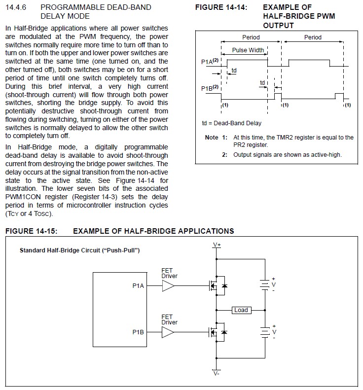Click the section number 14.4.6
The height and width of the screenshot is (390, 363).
coord(16,7)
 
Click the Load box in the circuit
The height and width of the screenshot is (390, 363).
coord(241,310)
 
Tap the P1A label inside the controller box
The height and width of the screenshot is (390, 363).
coord(138,286)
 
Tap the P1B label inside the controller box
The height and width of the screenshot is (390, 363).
coord(138,332)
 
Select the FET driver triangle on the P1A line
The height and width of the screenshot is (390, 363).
coord(168,286)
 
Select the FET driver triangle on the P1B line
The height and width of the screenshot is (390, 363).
coord(168,332)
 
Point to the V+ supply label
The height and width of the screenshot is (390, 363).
coord(217,245)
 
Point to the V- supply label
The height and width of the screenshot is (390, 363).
coord(216,373)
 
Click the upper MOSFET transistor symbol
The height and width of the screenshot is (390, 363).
coord(217,285)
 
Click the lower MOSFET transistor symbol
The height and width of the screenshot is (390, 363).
coord(217,332)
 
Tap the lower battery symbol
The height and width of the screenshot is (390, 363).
coord(265,332)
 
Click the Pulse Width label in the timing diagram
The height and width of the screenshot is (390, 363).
coord(248,50)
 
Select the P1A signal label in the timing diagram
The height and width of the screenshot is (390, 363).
coord(210,61)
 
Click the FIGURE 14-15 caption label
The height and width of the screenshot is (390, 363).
coord(32,231)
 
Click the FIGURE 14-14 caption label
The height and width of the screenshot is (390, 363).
coord(221,7)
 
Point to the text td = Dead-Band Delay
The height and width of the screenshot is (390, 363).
coord(232,123)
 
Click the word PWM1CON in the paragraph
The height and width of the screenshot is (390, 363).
coord(23,197)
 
